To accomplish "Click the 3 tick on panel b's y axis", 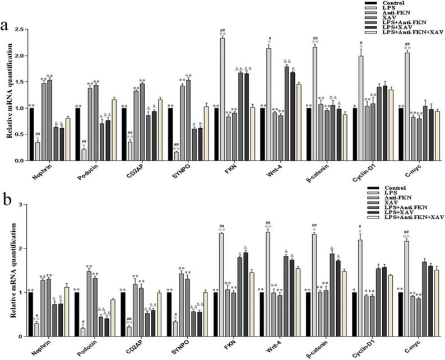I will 22,205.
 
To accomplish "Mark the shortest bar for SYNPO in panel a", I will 177,156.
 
